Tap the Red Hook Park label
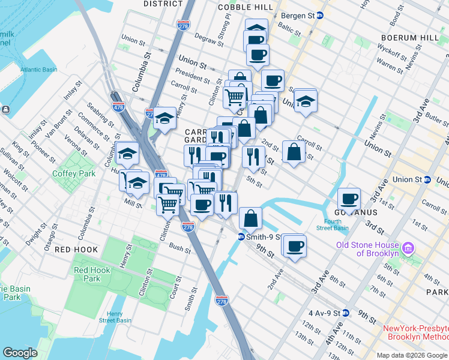pyautogui.click(x=92, y=274)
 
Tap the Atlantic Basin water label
pyautogui.click(x=38, y=70)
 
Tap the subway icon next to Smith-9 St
pyautogui.click(x=241, y=236)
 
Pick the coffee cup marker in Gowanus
pyautogui.click(x=349, y=199)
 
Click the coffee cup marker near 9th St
pyautogui.click(x=294, y=245)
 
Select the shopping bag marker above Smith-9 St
pyautogui.click(x=250, y=218)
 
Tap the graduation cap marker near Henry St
pyautogui.click(x=164, y=118)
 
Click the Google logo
pyautogui.click(x=20, y=352)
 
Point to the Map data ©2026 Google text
pyautogui.click(x=411, y=355)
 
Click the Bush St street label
pyautogui.click(x=180, y=247)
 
